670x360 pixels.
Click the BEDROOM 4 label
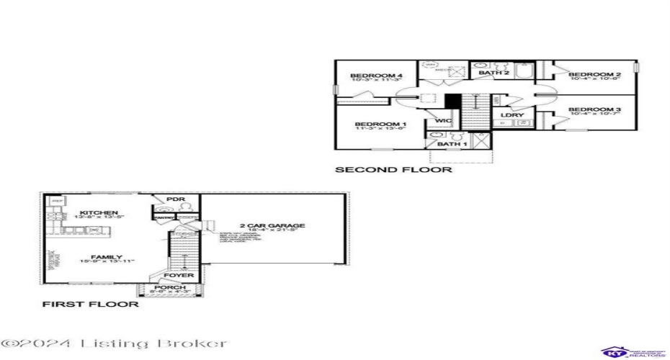(x=375, y=76)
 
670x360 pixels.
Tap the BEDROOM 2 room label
(x=594, y=75)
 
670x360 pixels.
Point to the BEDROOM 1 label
(x=380, y=125)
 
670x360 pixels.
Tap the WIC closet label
(x=443, y=120)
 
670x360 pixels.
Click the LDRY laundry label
(x=512, y=115)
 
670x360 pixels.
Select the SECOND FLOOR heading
(x=393, y=171)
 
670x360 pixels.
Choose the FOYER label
(x=177, y=275)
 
